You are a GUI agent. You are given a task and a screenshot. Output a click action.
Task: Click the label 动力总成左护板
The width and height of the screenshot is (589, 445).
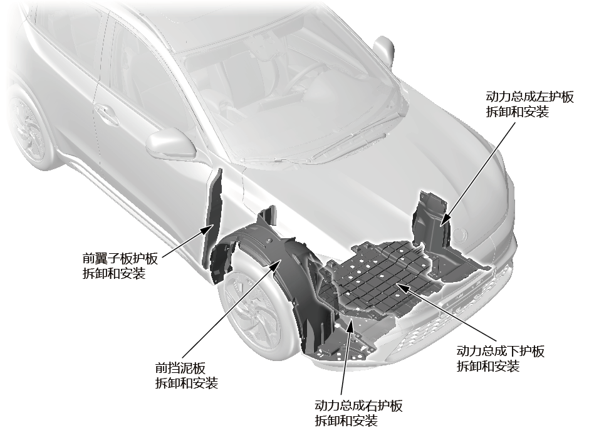[530, 98]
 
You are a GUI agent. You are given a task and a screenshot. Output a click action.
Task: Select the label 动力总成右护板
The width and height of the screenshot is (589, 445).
[358, 406]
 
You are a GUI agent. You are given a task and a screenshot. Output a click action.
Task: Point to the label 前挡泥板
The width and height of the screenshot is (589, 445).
[180, 368]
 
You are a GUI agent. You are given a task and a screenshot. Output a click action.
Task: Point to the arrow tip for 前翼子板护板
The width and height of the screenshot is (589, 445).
[209, 227]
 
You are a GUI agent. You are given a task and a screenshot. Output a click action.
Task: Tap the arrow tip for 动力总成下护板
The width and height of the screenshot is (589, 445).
[397, 285]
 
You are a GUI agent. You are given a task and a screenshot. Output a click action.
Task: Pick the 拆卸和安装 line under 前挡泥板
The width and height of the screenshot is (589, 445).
[186, 384]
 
